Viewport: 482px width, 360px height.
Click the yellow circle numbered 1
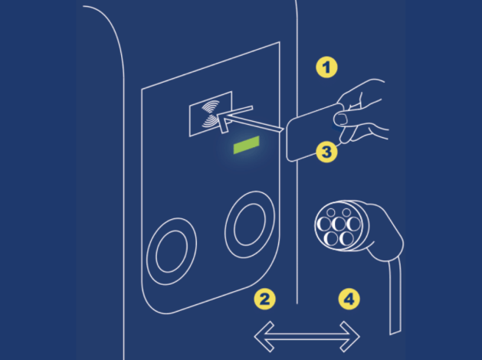click(326, 67)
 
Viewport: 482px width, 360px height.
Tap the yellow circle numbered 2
click(264, 299)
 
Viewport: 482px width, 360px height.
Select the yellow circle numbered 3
click(326, 152)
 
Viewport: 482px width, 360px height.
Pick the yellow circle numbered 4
click(349, 299)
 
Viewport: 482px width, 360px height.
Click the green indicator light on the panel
click(246, 145)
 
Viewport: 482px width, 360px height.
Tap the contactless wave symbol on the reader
click(211, 114)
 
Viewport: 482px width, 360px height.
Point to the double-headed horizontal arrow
click(307, 337)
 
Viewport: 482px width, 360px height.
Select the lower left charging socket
click(172, 251)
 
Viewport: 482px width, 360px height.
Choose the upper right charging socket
click(250, 224)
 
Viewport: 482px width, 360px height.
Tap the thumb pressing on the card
click(340, 119)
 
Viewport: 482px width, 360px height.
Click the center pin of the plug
click(339, 224)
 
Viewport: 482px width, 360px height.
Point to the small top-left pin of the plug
click(331, 212)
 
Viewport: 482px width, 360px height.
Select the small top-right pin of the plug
click(346, 212)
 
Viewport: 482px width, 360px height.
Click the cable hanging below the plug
click(395, 296)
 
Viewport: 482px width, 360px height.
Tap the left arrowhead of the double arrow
click(264, 337)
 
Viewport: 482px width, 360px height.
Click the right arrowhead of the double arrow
click(350, 337)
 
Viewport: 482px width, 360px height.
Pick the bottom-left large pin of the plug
click(331, 238)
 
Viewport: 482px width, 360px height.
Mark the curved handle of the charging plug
click(388, 234)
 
